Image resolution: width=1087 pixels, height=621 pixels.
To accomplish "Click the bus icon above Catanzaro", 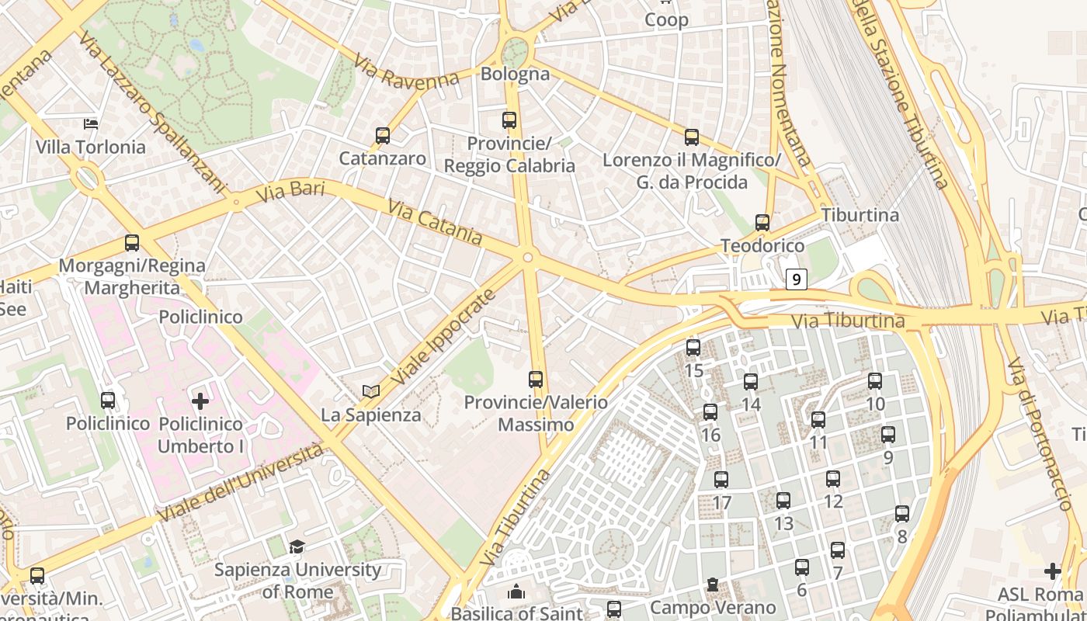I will pyautogui.click(x=382, y=136).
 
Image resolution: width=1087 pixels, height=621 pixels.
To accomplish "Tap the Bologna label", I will pyautogui.click(x=516, y=75).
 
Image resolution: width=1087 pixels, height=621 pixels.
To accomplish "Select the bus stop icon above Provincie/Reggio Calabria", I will pyautogui.click(x=509, y=120).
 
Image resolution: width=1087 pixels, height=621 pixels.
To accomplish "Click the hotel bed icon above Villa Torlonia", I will pyautogui.click(x=91, y=124).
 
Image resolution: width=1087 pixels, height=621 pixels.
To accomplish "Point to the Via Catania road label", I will pyautogui.click(x=436, y=224).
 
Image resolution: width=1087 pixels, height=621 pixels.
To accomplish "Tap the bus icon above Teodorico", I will pyautogui.click(x=762, y=223).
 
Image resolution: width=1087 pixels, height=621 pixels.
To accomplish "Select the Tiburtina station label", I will pyautogui.click(x=860, y=215).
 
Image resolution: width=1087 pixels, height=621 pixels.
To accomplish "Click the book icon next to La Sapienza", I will pyautogui.click(x=371, y=392).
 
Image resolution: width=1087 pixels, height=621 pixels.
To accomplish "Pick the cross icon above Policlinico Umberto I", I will pyautogui.click(x=200, y=401).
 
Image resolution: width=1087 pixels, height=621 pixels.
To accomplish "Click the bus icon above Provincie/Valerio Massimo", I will pyautogui.click(x=536, y=379).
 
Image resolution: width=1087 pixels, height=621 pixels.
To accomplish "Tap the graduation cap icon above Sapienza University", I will pyautogui.click(x=297, y=547).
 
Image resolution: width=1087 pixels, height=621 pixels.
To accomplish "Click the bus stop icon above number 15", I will pyautogui.click(x=693, y=348).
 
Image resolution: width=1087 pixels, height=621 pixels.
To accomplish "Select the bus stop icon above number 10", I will pyautogui.click(x=875, y=381).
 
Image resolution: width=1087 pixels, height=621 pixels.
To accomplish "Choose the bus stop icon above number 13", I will pyautogui.click(x=783, y=501).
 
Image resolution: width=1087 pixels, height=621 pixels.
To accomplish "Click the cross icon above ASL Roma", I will pyautogui.click(x=1053, y=571).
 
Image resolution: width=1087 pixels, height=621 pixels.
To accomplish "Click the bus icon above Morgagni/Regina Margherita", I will pyautogui.click(x=132, y=243).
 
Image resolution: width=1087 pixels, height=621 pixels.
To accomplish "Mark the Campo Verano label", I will pyautogui.click(x=713, y=607).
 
